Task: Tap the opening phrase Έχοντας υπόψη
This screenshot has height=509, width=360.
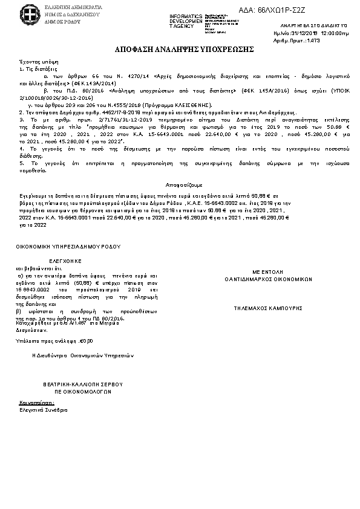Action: (34, 62)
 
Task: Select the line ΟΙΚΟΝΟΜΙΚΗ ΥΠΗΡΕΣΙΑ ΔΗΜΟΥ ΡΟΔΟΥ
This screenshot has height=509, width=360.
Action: (68, 247)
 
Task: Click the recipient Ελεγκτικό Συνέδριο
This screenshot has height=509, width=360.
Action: (44, 410)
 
